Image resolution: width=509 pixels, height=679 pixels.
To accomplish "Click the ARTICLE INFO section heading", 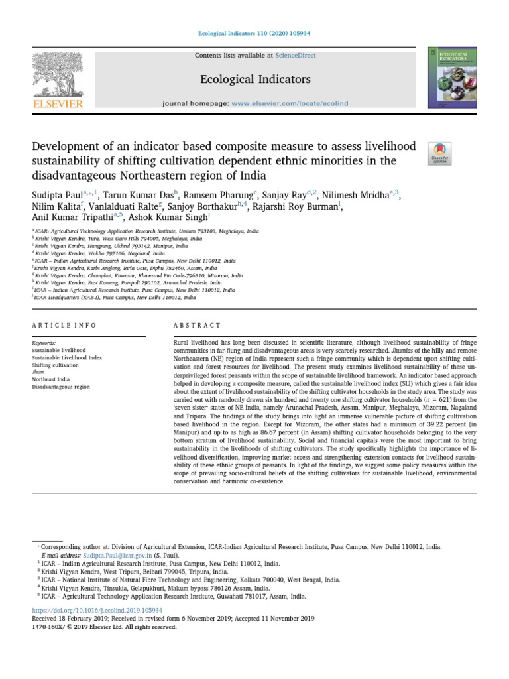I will pos(64,326).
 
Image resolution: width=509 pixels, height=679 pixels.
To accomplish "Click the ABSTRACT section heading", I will pos(197,326).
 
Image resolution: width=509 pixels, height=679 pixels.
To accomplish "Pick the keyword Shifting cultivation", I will pos(55,365).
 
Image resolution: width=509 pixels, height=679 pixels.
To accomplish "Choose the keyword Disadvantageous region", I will pos(60,386).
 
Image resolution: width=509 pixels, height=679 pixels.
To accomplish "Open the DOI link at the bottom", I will pos(97,610).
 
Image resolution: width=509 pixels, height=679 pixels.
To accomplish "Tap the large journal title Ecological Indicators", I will pos(254,80).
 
